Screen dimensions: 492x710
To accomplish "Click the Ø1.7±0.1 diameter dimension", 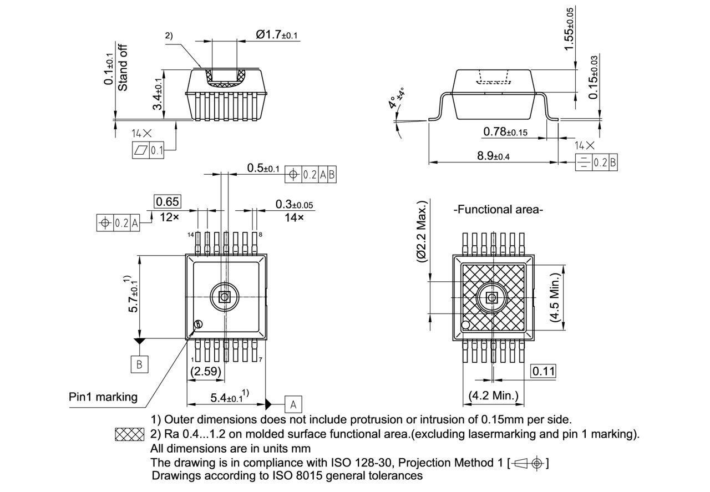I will click(x=277, y=35).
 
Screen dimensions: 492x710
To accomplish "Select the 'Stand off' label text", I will click(x=123, y=67).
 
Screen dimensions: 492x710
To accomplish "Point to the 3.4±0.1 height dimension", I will click(x=158, y=94).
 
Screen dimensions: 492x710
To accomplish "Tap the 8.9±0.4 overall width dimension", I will click(x=493, y=156).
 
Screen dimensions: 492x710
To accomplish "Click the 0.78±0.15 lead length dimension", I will click(x=505, y=131).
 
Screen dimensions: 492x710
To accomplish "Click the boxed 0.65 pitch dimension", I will click(x=167, y=201).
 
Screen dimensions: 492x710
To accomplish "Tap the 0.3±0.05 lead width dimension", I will click(x=294, y=205).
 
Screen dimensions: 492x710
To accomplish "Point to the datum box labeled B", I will click(x=139, y=364).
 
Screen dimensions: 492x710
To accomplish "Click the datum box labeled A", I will click(x=293, y=403).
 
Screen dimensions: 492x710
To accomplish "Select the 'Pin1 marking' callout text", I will click(x=103, y=397).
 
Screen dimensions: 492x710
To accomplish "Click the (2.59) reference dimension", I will click(x=206, y=372).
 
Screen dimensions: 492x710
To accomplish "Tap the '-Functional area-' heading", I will click(x=498, y=209).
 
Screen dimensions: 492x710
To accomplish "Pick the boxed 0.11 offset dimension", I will click(x=543, y=371).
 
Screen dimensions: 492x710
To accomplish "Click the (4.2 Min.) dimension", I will click(x=493, y=395).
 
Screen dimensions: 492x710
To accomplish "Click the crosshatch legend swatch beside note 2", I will click(x=129, y=434).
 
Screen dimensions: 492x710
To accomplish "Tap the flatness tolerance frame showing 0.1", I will click(x=148, y=150).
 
